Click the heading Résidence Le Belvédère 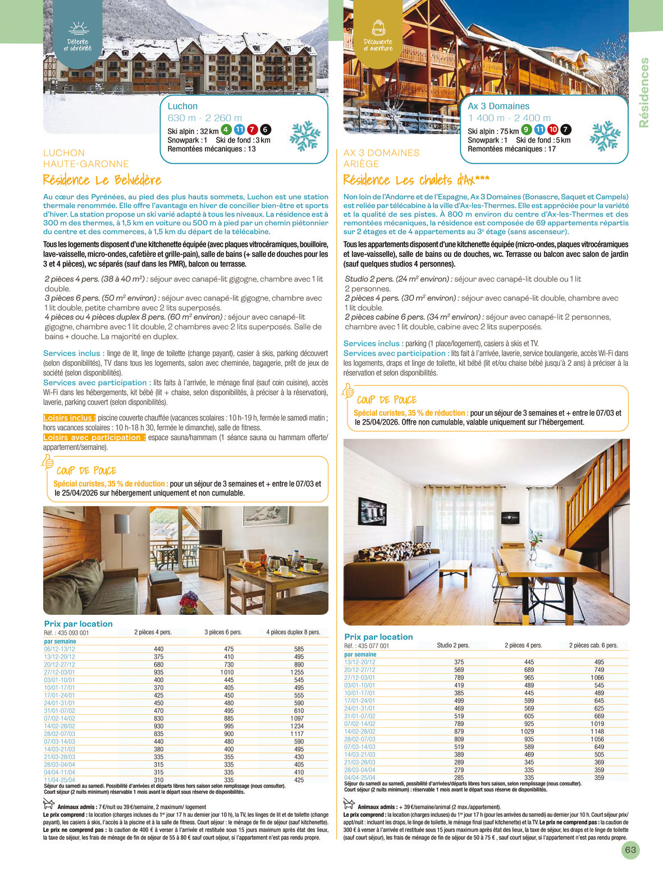tap(102, 180)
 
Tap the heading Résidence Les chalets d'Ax tap(416, 180)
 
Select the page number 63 tap(630, 850)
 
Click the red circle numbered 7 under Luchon tap(253, 130)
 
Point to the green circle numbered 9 tap(527, 130)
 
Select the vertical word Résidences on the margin tap(644, 93)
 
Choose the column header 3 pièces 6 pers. tap(223, 632)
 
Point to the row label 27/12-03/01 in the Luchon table tap(60, 672)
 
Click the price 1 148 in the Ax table tap(597, 732)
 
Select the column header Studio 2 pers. tap(453, 645)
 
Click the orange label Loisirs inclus tap(70, 418)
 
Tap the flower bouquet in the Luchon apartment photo tap(188, 602)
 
